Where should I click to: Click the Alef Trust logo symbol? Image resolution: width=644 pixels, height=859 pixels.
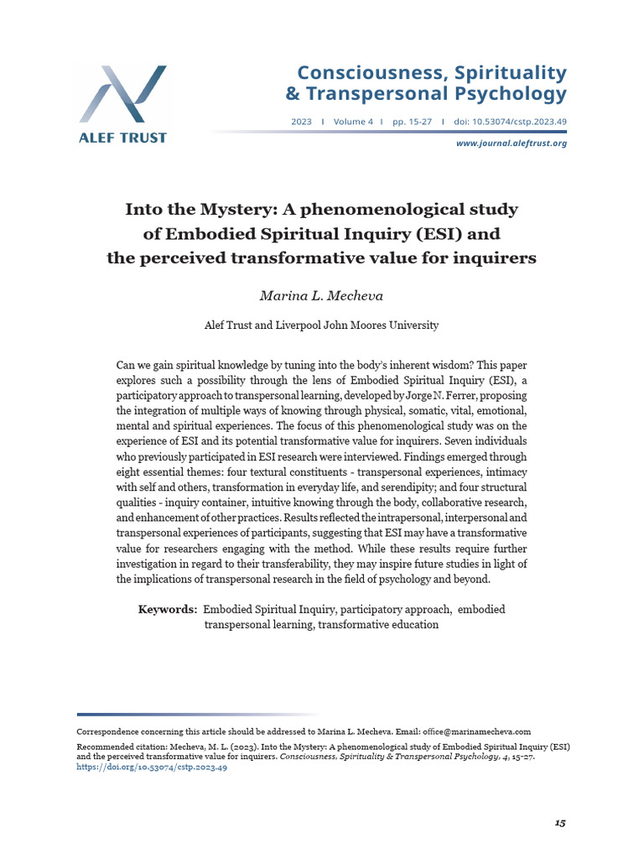tap(123, 95)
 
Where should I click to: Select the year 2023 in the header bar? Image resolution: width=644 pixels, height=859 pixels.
tap(301, 122)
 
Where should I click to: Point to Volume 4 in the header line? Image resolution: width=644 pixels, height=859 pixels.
tap(354, 122)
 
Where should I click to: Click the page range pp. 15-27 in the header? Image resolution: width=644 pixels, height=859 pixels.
tap(412, 122)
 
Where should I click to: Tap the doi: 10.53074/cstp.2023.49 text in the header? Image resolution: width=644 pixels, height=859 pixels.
tap(510, 122)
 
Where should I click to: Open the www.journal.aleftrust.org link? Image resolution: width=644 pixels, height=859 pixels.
tap(511, 143)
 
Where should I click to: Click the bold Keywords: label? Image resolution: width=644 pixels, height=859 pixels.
tap(168, 609)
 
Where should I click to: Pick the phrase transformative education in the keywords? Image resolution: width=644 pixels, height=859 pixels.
tap(377, 625)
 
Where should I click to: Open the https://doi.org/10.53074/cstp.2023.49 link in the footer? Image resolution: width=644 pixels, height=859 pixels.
tap(152, 768)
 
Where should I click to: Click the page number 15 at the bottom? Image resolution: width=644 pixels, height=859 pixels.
tap(560, 823)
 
